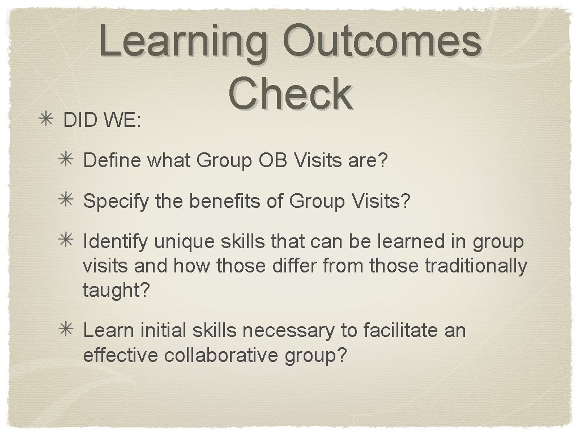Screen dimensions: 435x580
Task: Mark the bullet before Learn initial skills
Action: pyautogui.click(x=69, y=330)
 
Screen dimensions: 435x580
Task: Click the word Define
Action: pyautogui.click(x=113, y=161)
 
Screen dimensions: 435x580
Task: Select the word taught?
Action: pyautogui.click(x=116, y=290)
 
